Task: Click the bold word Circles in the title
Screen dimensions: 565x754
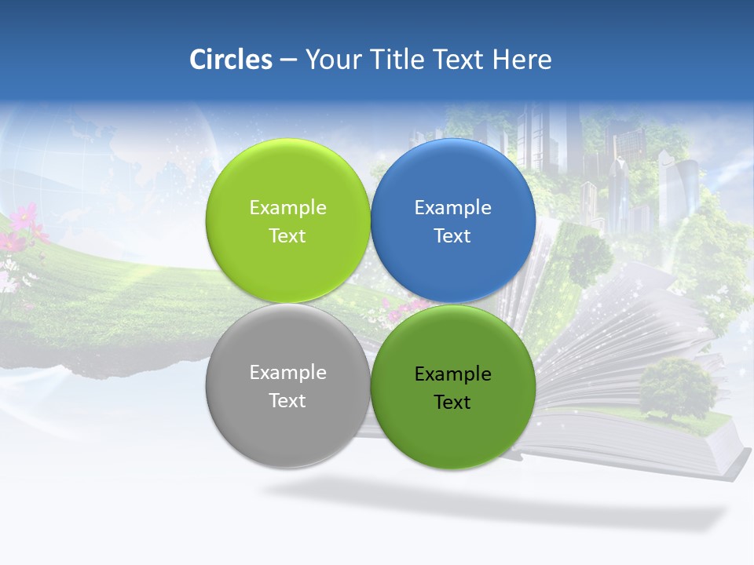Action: [x=230, y=60]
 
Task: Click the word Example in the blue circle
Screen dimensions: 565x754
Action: [x=452, y=208]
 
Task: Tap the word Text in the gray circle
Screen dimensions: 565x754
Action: [x=287, y=400]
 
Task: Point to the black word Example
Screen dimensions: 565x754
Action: [x=452, y=374]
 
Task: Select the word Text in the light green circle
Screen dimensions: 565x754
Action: [x=287, y=235]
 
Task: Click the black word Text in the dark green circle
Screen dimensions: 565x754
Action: [x=452, y=402]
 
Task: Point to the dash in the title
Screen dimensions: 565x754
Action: [x=288, y=60]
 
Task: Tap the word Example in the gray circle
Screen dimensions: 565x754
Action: [x=287, y=373]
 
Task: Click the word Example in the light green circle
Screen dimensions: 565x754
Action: [x=287, y=208]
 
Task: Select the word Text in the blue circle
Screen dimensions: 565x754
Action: [x=452, y=235]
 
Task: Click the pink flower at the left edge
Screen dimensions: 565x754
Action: [x=24, y=217]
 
